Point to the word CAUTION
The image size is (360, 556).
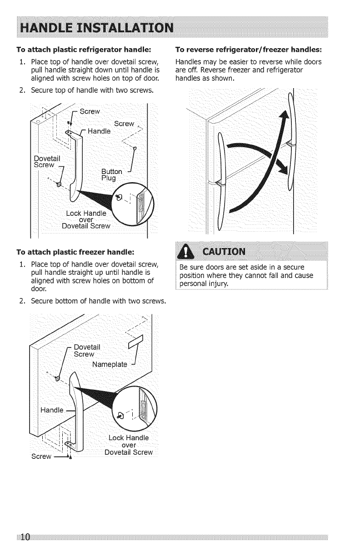click(x=222, y=251)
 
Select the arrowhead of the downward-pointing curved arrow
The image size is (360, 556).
click(x=284, y=167)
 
